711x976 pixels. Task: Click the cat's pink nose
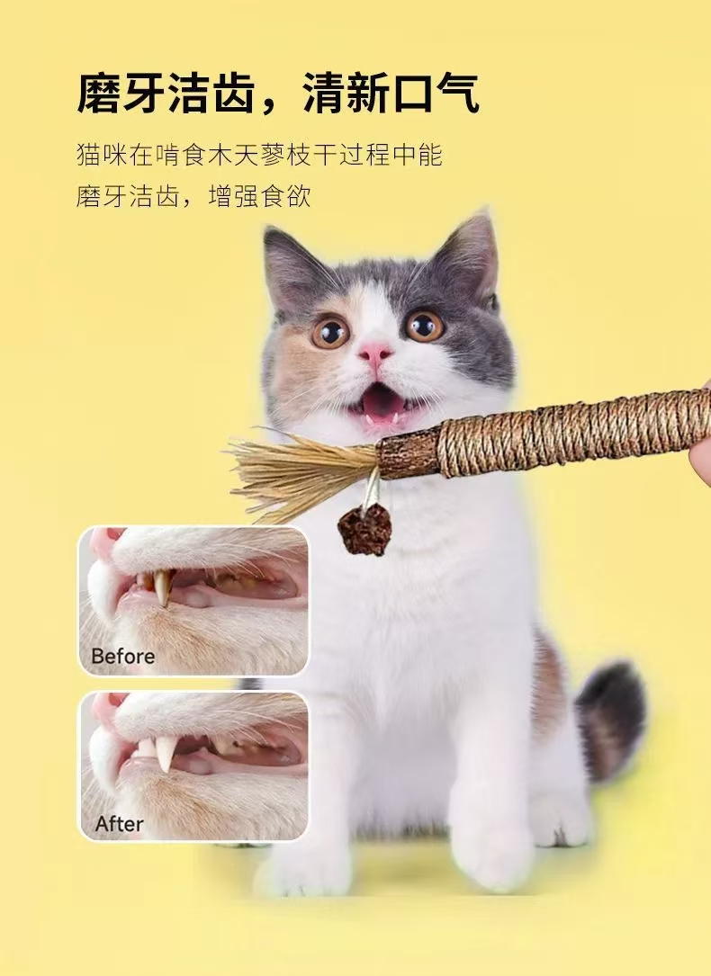[375, 353]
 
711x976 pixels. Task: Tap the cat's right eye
[424, 326]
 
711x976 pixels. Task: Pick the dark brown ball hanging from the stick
[364, 530]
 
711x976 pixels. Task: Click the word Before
[122, 657]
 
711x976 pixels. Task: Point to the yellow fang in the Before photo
[162, 587]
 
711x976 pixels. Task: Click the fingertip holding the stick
[700, 454]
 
